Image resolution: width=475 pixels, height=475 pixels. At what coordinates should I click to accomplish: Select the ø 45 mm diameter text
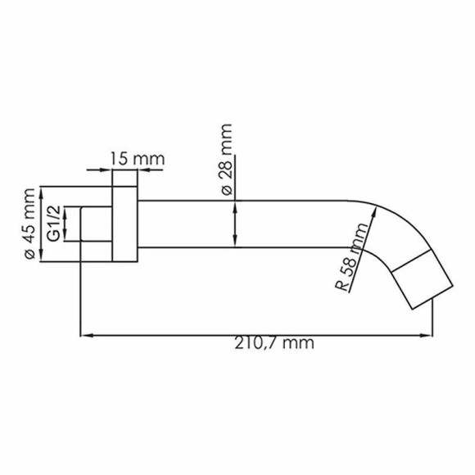[30, 223]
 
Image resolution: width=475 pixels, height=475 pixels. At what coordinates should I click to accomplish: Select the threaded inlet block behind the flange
[96, 224]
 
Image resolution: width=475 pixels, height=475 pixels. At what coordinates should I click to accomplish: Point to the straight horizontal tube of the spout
[246, 223]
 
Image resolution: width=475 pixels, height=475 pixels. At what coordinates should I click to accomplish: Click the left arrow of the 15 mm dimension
[109, 171]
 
